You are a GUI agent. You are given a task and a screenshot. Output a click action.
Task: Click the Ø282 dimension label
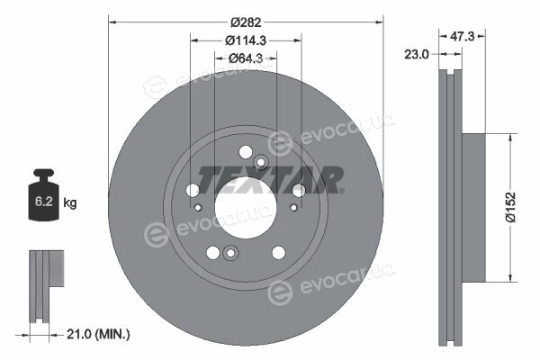pyautogui.click(x=246, y=22)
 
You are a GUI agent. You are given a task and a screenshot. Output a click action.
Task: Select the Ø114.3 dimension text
pyautogui.click(x=246, y=40)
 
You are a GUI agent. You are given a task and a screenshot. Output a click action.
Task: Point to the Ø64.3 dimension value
pyautogui.click(x=246, y=58)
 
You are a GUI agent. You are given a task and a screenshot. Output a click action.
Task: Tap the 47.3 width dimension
pyautogui.click(x=463, y=36)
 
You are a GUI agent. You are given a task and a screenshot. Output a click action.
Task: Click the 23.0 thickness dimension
pyautogui.click(x=416, y=54)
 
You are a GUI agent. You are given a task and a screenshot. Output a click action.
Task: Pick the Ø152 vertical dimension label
pyautogui.click(x=511, y=207)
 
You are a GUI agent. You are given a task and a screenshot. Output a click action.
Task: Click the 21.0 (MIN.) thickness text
pyautogui.click(x=98, y=334)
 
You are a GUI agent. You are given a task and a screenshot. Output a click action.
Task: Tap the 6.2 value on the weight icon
pyautogui.click(x=44, y=202)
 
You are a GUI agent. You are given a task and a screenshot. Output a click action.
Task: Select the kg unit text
pyautogui.click(x=70, y=202)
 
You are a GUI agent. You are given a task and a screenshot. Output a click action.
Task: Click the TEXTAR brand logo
pyautogui.click(x=270, y=180)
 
